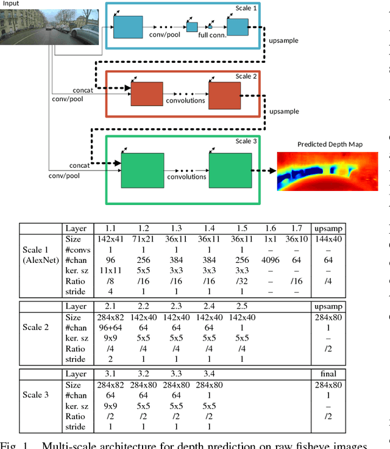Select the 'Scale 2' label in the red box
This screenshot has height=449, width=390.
pos(247,76)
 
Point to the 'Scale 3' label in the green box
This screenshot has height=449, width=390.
pos(247,142)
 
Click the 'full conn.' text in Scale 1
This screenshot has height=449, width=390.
pos(212,36)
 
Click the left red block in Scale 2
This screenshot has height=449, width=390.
pos(147,94)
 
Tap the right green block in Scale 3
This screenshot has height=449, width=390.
pos(229,170)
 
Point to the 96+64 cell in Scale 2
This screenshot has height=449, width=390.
pos(110,327)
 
